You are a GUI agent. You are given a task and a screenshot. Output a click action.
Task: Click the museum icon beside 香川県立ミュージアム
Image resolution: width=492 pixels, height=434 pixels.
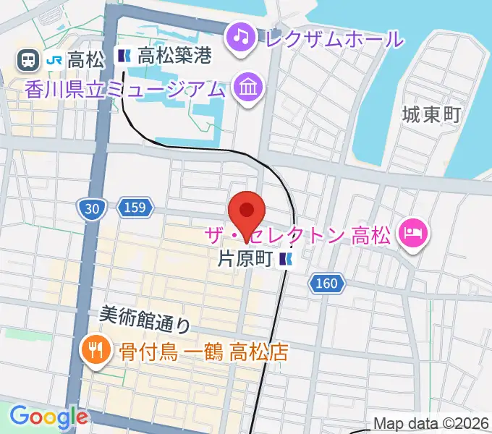[248, 89]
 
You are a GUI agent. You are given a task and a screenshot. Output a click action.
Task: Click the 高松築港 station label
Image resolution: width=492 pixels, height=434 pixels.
[174, 56]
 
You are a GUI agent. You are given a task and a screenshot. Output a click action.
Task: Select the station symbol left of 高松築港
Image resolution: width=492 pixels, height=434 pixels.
[124, 56]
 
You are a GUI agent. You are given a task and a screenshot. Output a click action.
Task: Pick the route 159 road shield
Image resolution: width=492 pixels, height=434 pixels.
[134, 209]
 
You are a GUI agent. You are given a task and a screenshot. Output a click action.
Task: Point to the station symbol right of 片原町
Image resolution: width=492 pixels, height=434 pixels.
[287, 260]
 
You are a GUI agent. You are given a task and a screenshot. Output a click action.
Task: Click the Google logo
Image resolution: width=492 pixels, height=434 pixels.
[48, 416]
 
